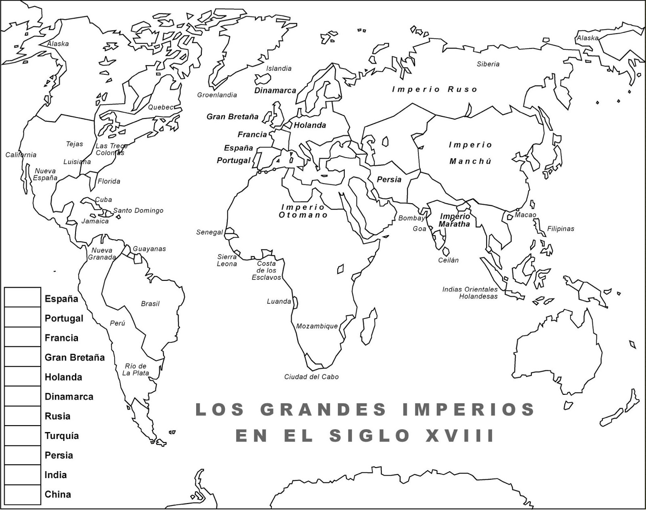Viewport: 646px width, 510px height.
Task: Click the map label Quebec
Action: point(160,107)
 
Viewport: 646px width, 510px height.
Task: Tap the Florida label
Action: point(109,181)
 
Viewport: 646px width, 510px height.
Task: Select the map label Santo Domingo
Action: point(138,211)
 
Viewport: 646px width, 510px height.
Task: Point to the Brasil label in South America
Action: point(150,304)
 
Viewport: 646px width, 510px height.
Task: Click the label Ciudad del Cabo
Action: point(311,377)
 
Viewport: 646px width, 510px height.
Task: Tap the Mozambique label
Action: point(317,327)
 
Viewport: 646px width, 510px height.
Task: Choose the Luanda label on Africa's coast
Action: point(279,301)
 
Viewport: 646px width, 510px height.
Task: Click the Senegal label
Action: point(210,232)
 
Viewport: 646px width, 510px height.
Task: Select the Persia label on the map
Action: point(389,179)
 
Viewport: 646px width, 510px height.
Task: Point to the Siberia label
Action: point(488,64)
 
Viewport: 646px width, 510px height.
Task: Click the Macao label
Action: point(525,215)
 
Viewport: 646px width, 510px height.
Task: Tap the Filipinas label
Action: point(560,229)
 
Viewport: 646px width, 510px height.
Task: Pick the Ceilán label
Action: point(449,261)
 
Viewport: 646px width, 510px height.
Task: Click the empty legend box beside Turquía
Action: point(23,436)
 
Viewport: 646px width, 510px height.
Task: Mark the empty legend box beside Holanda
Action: point(23,377)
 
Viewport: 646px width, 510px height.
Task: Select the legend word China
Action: point(58,495)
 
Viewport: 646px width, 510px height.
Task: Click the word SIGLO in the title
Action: point(369,436)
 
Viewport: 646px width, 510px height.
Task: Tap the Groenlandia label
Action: point(217,95)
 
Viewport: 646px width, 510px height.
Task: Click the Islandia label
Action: point(279,69)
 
